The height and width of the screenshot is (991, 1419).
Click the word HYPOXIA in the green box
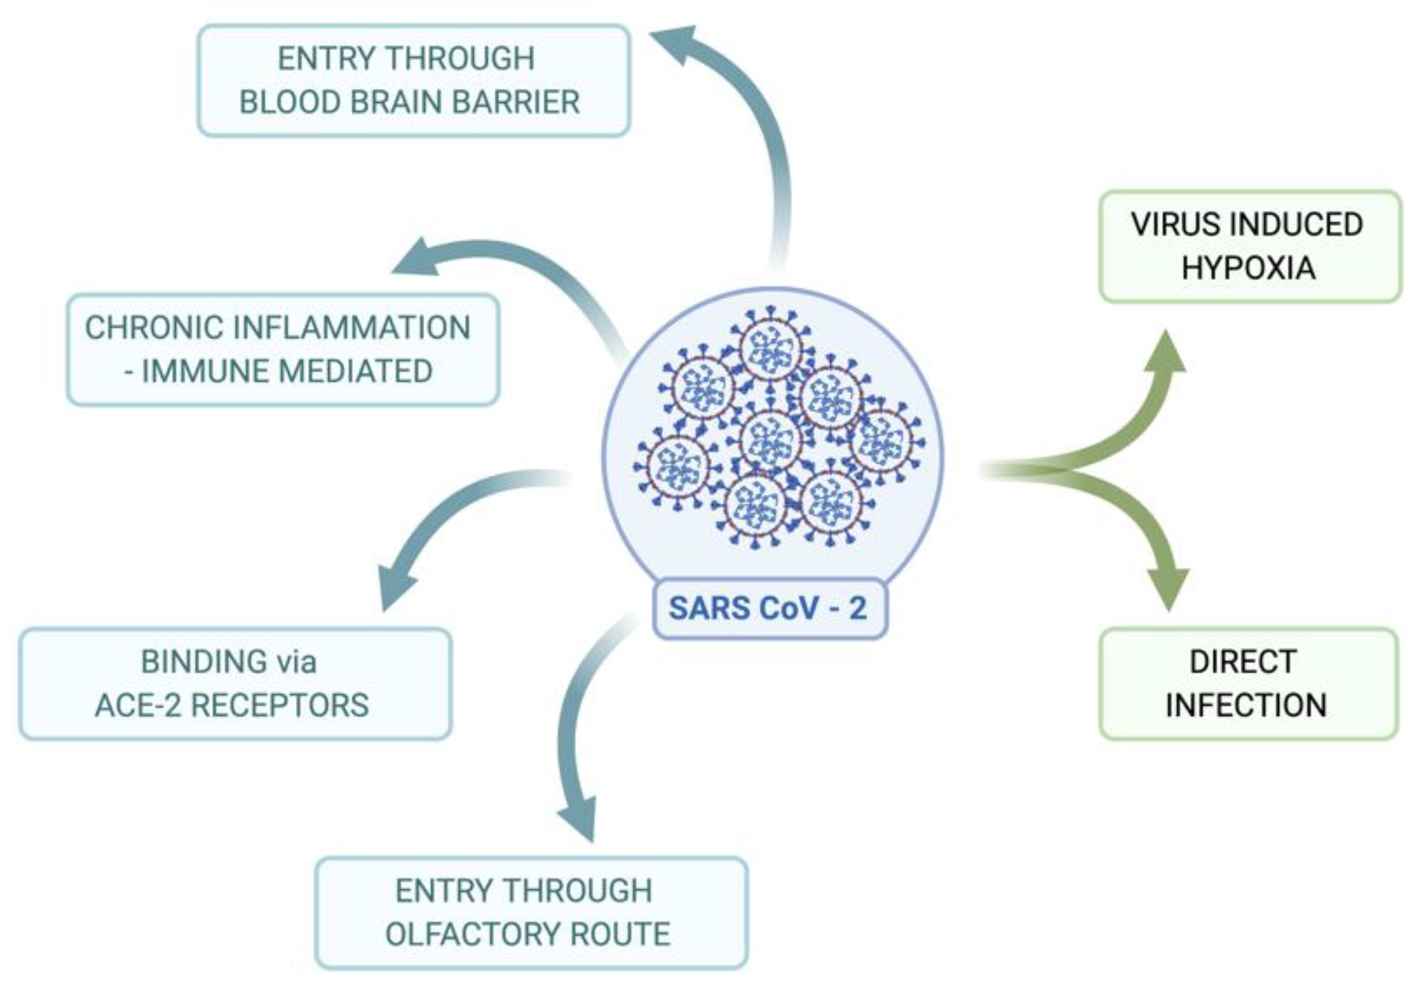[1248, 267]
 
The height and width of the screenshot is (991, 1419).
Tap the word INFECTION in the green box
[1246, 705]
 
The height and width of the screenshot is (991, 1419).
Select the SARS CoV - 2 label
[768, 608]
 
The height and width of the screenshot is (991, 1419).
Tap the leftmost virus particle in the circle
[678, 466]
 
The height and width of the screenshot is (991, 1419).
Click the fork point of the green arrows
[1061, 471]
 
